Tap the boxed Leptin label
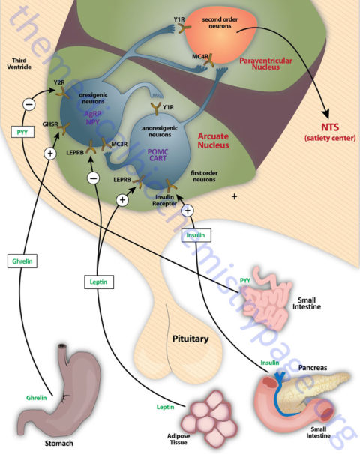pyautogui.click(x=98, y=283)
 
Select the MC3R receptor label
pyautogui.click(x=119, y=142)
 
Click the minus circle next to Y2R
pyautogui.click(x=28, y=104)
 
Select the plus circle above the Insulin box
pyautogui.click(x=188, y=211)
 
